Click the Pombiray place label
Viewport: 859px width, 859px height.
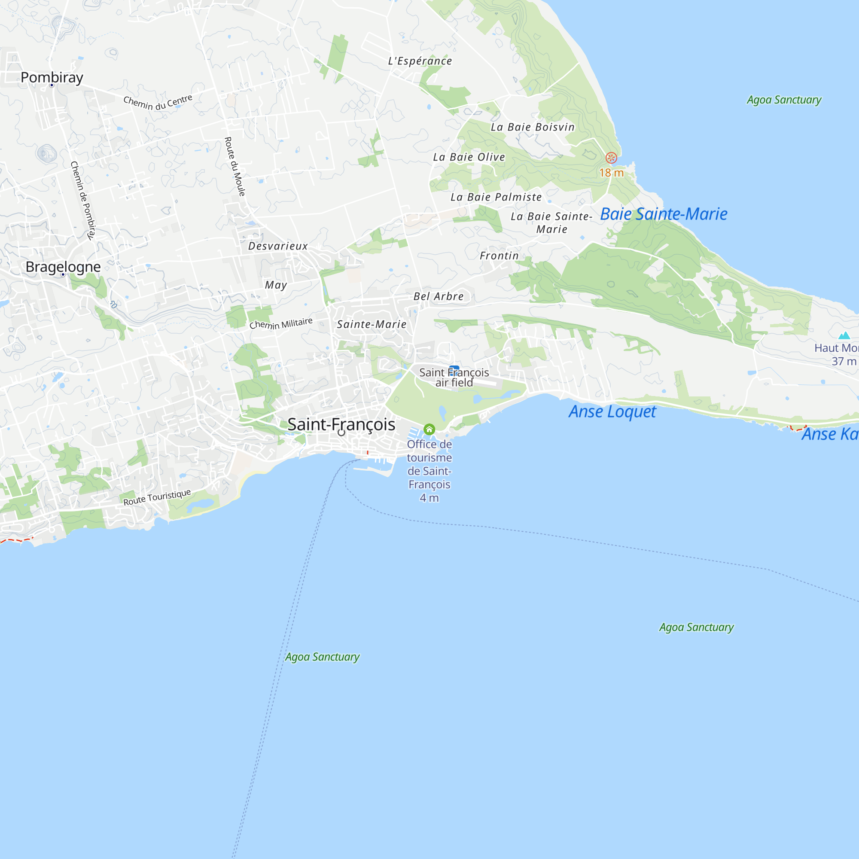click(52, 77)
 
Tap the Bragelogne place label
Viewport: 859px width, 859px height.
click(63, 267)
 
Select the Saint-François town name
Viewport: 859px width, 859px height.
click(341, 424)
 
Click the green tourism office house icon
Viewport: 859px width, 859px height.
click(429, 429)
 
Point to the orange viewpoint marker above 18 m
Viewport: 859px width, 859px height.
click(611, 157)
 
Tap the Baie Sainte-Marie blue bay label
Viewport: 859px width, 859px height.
click(664, 214)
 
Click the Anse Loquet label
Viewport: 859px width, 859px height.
click(612, 412)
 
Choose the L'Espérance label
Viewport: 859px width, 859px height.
click(420, 61)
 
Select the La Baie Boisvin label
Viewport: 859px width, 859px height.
click(533, 127)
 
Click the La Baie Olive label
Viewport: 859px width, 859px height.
click(469, 157)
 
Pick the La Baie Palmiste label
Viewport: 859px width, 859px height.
click(496, 197)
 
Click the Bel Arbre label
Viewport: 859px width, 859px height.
click(439, 296)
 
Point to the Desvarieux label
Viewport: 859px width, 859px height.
click(278, 246)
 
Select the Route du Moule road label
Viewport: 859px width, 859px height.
click(235, 167)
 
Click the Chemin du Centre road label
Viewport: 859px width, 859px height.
click(158, 102)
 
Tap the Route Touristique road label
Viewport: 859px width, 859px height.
click(157, 497)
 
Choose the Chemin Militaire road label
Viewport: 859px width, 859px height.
click(281, 323)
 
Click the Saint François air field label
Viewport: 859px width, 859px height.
click(454, 377)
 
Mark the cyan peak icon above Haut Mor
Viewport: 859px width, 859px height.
click(844, 336)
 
